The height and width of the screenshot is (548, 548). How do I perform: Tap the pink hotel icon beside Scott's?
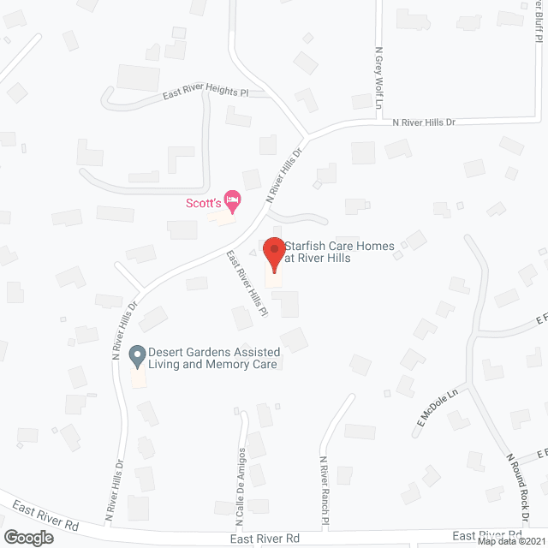(232, 202)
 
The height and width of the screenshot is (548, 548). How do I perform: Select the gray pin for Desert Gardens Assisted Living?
(136, 354)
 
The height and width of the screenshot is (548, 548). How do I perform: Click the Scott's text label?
(204, 203)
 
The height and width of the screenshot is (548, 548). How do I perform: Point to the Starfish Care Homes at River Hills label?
(339, 252)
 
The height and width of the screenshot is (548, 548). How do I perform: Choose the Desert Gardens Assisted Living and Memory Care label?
(213, 358)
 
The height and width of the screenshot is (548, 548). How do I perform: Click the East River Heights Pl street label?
(205, 95)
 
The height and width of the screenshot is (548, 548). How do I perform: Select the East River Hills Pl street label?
(247, 283)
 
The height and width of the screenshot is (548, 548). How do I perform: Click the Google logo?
(27, 537)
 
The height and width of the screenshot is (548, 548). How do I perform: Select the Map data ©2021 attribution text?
(511, 540)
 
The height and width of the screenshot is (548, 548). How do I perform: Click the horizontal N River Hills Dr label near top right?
(423, 122)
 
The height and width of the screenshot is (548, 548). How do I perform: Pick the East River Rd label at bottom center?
(265, 539)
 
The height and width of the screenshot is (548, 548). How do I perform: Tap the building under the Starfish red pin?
(274, 280)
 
